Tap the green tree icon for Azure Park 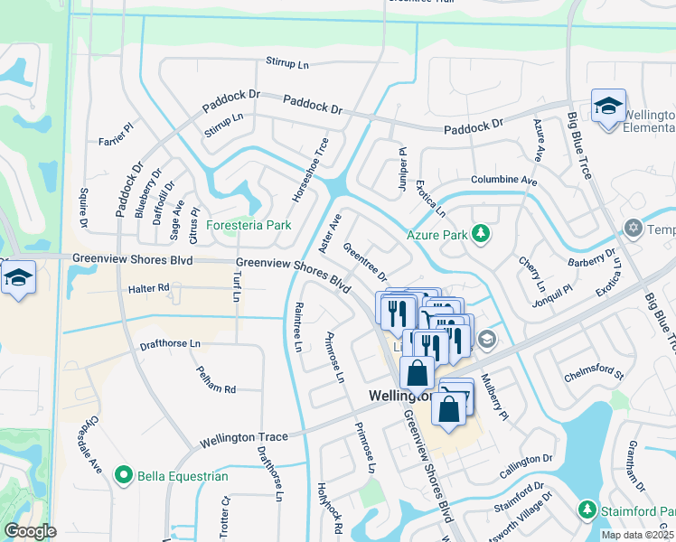[482, 235]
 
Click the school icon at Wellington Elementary [608, 106]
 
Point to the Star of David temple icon [633, 229]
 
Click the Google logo [30, 531]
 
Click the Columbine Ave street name [503, 181]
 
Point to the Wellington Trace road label [243, 438]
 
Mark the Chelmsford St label [594, 370]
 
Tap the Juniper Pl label [402, 168]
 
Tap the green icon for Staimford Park [587, 511]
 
